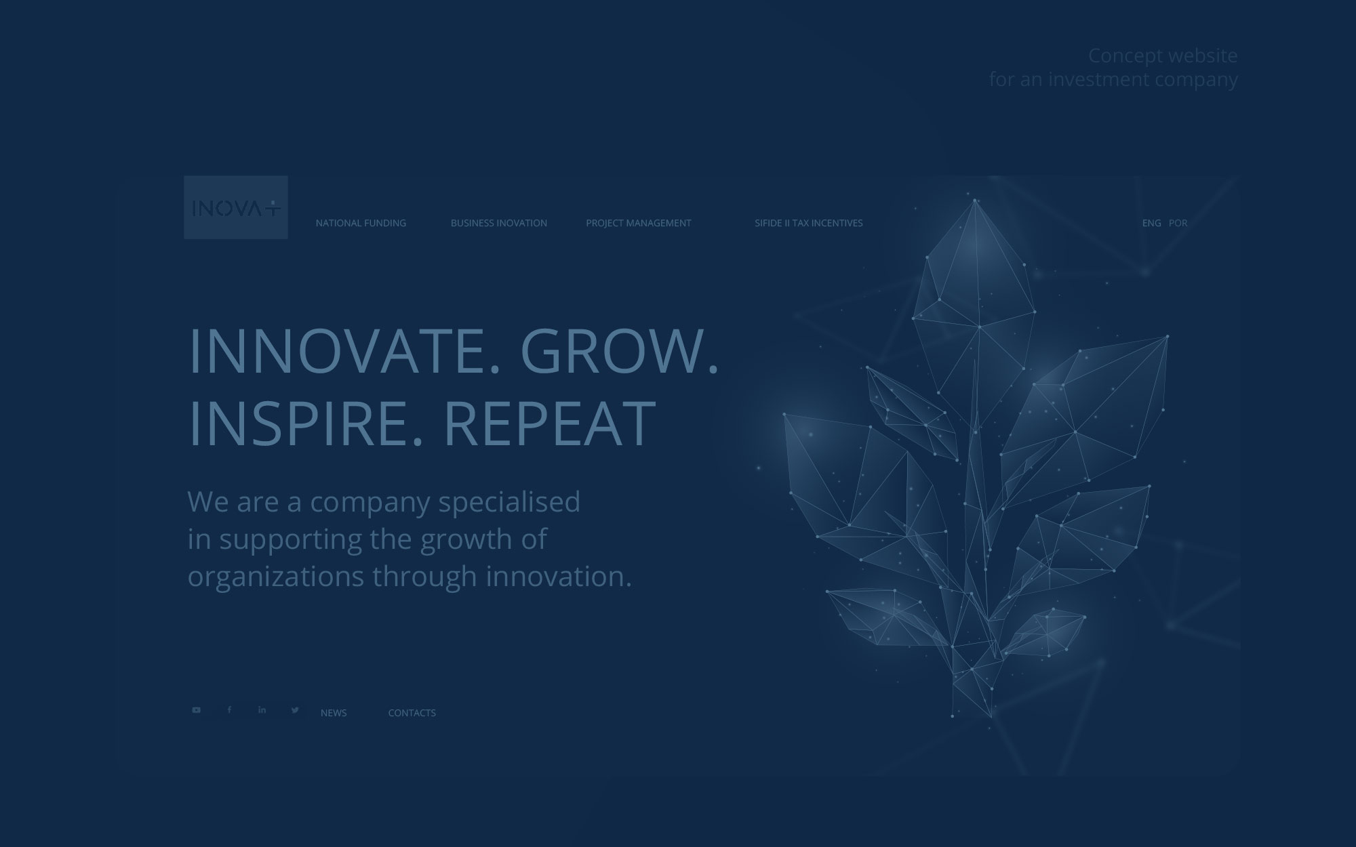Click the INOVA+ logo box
tap(236, 207)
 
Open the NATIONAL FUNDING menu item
tap(361, 223)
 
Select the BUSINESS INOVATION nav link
tap(499, 223)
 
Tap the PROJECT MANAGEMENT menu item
tap(639, 223)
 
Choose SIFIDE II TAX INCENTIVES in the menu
tap(809, 223)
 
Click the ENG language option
tap(1151, 223)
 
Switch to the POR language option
tap(1178, 223)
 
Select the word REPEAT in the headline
tap(550, 423)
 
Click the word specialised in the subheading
tap(509, 502)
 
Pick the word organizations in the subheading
tap(276, 577)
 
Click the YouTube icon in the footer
tap(196, 710)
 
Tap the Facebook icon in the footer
tap(229, 710)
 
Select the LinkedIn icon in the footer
tap(262, 710)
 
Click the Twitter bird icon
tap(295, 710)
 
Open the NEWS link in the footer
tap(334, 713)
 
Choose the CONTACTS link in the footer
tap(412, 713)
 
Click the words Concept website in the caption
tap(1163, 56)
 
